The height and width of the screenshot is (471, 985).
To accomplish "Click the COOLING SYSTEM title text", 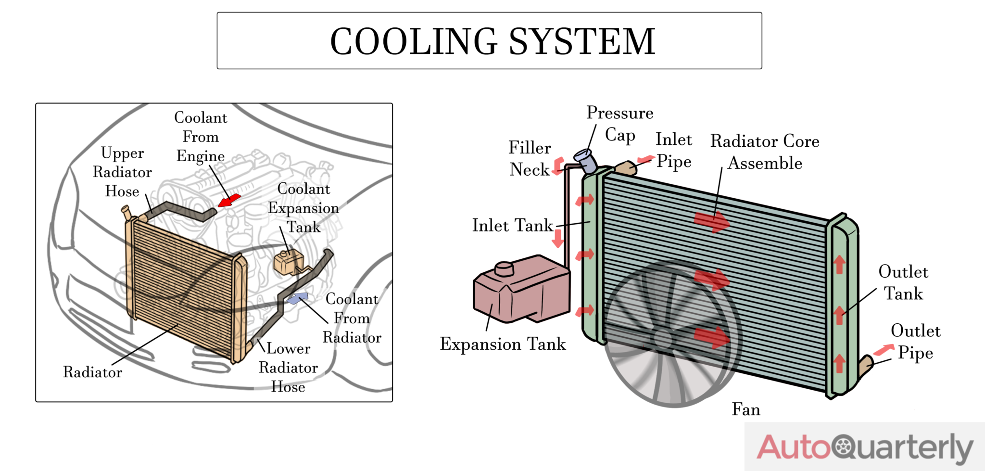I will coord(492,41).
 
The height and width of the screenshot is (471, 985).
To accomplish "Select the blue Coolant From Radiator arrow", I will coord(298,298).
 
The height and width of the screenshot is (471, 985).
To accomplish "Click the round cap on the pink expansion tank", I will coord(504,268).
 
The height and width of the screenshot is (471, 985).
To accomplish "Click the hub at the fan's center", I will coord(662,338).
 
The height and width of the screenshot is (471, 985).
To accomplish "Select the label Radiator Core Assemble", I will coord(765,152).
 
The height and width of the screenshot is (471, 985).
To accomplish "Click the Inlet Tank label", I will coord(513,226).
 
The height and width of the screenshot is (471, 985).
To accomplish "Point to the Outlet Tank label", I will coord(903,282).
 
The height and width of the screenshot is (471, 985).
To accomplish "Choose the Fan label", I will coord(746,409).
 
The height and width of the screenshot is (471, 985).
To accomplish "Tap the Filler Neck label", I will coord(530,159).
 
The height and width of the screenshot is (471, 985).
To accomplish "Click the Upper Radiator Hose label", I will coord(122,172).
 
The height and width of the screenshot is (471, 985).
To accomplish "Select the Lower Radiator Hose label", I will coord(288,368).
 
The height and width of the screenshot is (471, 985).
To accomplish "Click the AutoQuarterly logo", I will coord(865,447).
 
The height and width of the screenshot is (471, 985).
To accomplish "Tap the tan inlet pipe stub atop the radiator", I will coord(626,168).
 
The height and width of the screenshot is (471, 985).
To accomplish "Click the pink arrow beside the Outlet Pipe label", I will coord(883,350).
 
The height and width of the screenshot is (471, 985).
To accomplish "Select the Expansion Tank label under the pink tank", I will coord(503,344).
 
